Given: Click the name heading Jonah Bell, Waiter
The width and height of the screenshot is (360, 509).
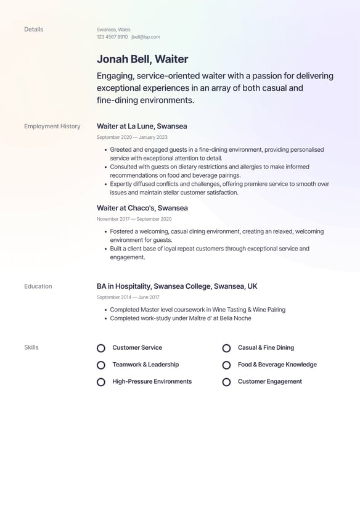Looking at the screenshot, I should coord(142,59).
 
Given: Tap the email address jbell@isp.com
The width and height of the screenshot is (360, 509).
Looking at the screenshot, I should coord(145,37).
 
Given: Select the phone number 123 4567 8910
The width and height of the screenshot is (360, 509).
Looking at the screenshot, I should coord(112,37).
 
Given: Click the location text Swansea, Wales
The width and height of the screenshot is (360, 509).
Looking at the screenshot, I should coord(113,30).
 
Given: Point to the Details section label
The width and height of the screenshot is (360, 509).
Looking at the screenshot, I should coord(33,30).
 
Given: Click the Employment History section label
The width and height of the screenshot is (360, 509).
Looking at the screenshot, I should coord(52,126).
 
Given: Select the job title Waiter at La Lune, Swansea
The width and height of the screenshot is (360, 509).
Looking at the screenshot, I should coord(142,126).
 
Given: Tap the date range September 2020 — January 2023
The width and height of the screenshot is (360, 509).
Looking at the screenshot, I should coord(132,137).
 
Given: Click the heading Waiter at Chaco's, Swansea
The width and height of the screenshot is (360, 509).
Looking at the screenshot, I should coord(142,208).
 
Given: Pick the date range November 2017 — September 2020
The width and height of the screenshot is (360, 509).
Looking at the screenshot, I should coord(134,219).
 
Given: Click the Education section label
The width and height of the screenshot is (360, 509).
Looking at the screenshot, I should coord(38,286).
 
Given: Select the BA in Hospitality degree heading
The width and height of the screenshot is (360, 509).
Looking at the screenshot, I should coord(177,286).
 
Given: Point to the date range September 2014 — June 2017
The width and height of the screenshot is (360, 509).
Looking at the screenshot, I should coord(128,297).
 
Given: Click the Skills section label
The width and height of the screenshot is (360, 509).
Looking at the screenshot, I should coord(31,347).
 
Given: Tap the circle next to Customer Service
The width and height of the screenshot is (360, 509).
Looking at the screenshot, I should coord(101,348).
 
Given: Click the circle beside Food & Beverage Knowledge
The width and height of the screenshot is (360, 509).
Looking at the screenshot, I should coord(226,365).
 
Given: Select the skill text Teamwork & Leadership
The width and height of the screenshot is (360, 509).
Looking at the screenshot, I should coord(145,365).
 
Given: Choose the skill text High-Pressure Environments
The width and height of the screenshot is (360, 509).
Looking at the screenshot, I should coord(152,382).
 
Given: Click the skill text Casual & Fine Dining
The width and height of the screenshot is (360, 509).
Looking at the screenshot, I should coord(266,348).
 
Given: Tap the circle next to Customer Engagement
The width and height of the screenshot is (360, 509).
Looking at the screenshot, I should coord(226,382).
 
